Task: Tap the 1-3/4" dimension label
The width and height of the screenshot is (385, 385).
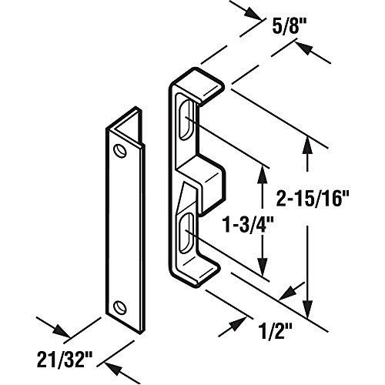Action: pyautogui.click(x=246, y=225)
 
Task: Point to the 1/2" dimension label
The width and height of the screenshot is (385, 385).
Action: pyautogui.click(x=275, y=333)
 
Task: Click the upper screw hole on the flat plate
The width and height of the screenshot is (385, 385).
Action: pyautogui.click(x=120, y=151)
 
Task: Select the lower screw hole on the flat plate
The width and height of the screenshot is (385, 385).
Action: pyautogui.click(x=120, y=306)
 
